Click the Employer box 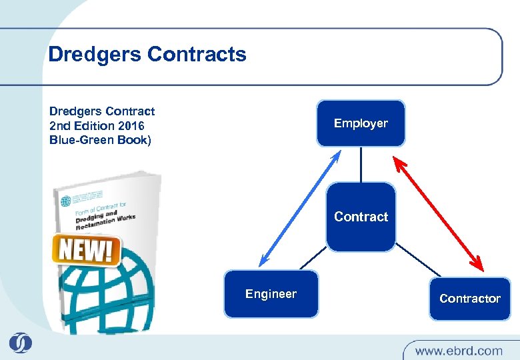coord(361,123)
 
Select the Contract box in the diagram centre coord(361,217)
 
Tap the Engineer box coord(271,294)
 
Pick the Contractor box coord(469,298)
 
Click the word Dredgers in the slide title coord(94,54)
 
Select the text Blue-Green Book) coord(101,140)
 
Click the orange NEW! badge coord(85,250)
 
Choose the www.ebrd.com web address coord(458,350)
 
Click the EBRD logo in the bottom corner coord(21,343)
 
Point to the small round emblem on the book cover coord(65,201)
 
